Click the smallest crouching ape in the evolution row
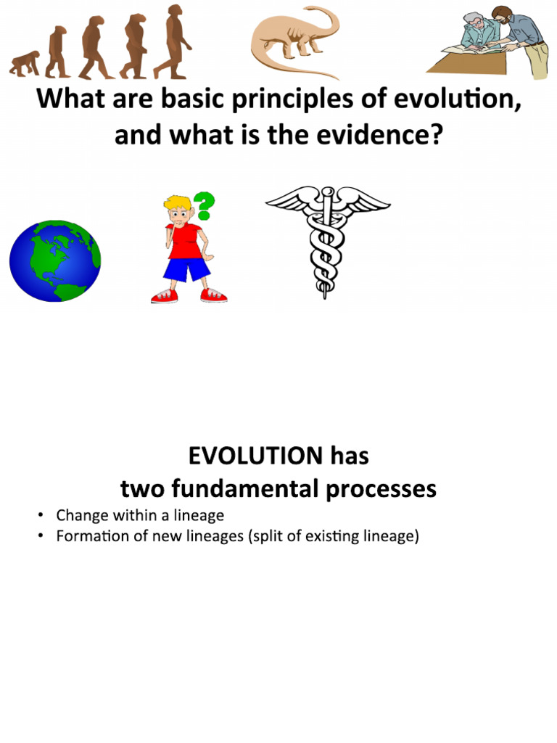tap(24, 64)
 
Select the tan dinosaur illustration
tap(294, 40)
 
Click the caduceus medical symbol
tap(327, 239)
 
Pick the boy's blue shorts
tap(186, 269)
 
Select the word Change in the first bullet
tap(81, 516)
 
